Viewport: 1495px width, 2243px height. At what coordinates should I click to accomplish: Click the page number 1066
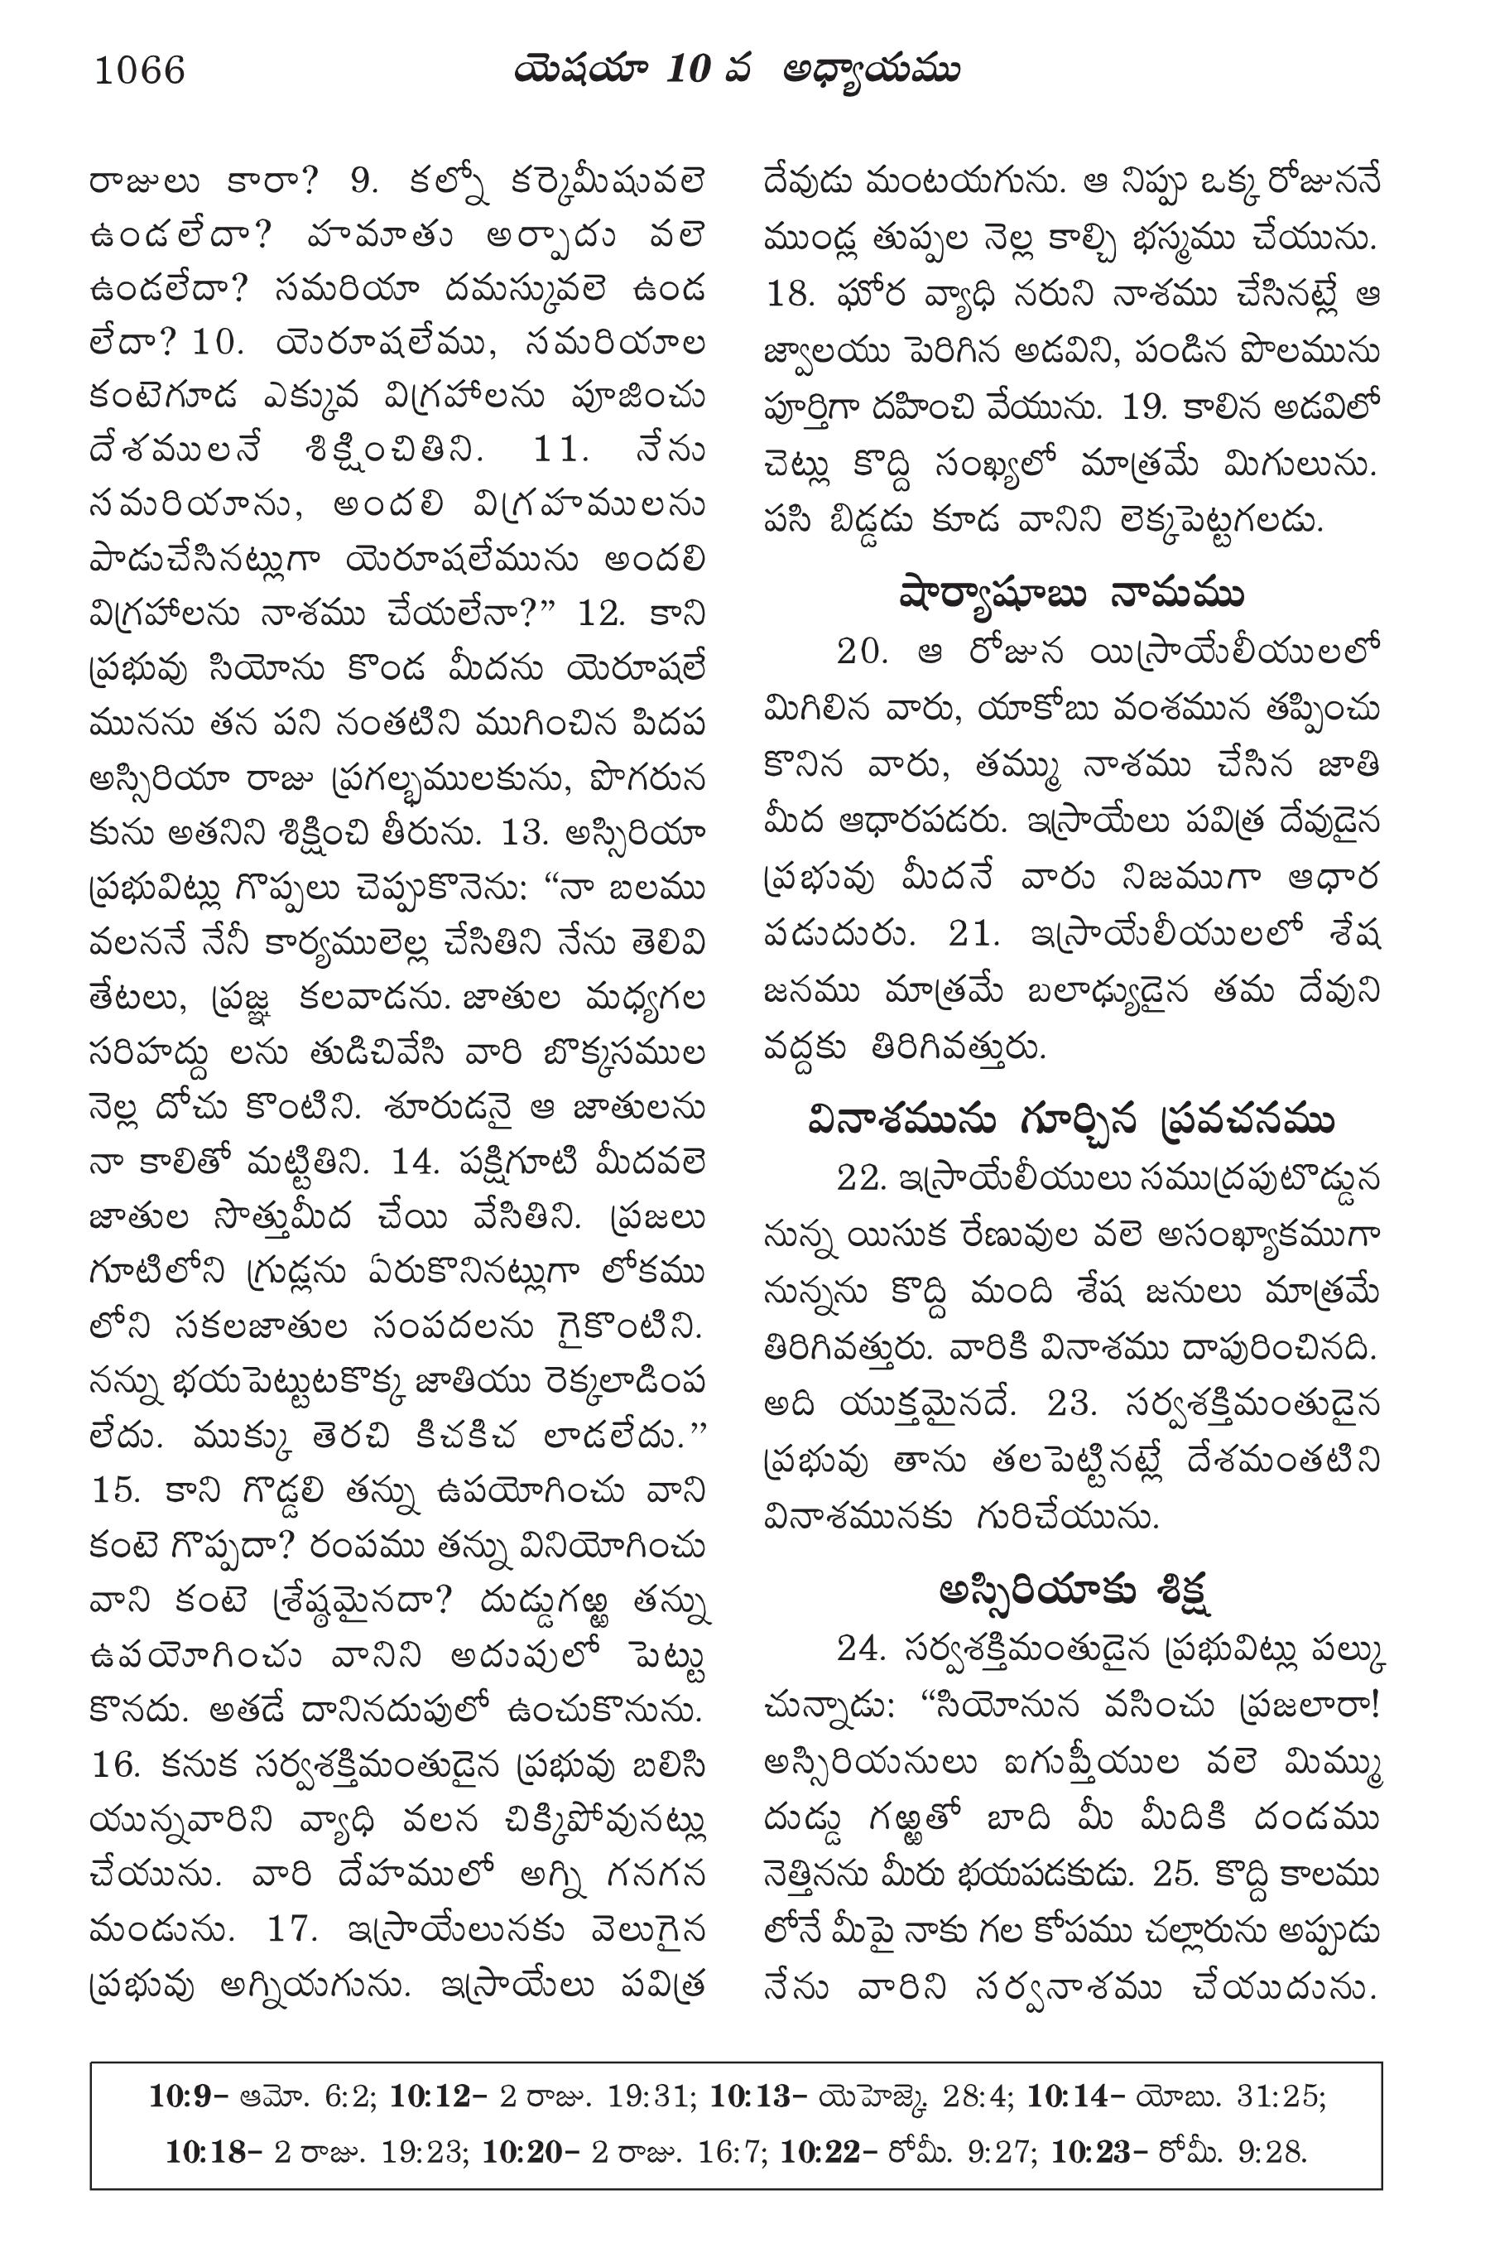(x=139, y=70)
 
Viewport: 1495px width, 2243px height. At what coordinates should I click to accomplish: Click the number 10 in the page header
(x=687, y=70)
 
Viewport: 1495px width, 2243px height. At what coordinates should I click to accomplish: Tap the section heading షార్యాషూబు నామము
(x=1072, y=596)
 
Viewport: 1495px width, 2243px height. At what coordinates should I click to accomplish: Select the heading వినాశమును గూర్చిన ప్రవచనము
(x=1072, y=1121)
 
